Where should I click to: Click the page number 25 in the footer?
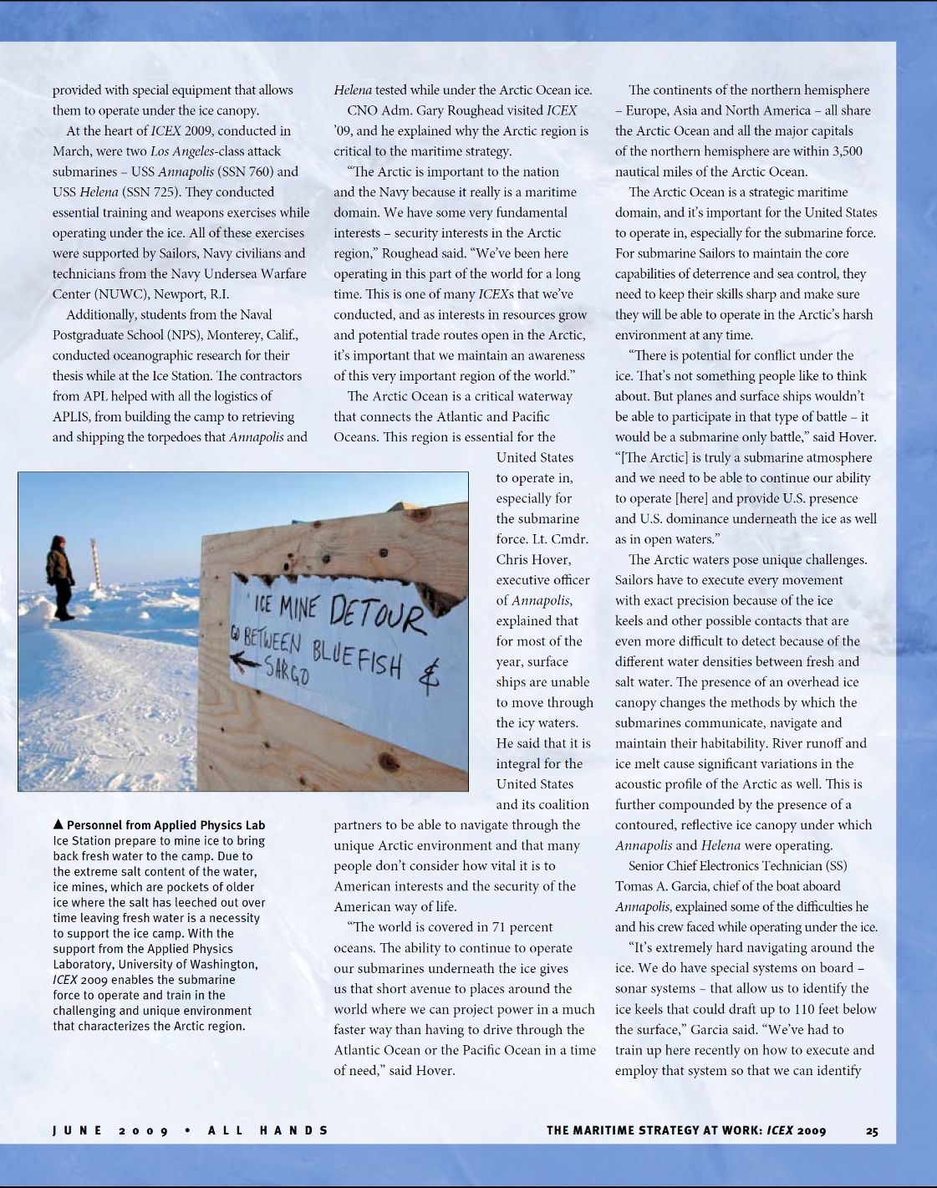pyautogui.click(x=872, y=1131)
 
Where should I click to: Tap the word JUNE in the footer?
pyautogui.click(x=77, y=1131)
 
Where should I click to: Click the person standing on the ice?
pyautogui.click(x=59, y=577)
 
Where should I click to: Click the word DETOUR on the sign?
pyautogui.click(x=377, y=614)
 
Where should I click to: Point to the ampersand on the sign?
pyautogui.click(x=429, y=678)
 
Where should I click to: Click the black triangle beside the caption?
pyautogui.click(x=58, y=824)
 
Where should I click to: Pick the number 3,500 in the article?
pyautogui.click(x=843, y=151)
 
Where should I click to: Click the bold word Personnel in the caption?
pyautogui.click(x=97, y=825)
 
